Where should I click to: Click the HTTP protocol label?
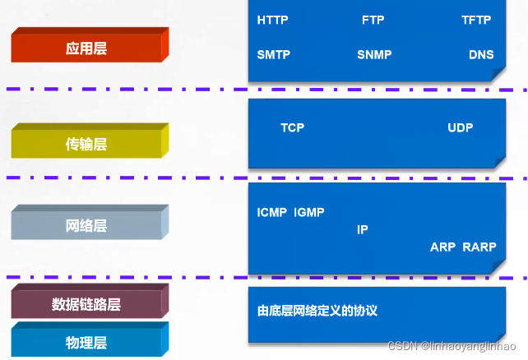click(272, 21)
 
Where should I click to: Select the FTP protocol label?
click(373, 21)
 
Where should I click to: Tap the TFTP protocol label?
click(476, 21)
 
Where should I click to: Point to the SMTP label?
click(273, 54)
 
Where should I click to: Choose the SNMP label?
click(374, 54)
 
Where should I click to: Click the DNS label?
click(481, 54)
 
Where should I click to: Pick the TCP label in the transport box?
click(292, 127)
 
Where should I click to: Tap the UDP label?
click(461, 127)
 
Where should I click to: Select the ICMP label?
click(271, 212)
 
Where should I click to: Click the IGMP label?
click(309, 212)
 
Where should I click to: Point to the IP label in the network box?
click(363, 230)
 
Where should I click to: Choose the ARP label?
click(442, 247)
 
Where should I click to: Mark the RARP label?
click(479, 247)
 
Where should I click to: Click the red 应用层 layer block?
click(90, 45)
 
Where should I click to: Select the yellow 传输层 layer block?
click(90, 141)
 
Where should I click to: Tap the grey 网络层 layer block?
click(90, 222)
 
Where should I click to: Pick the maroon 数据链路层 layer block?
click(90, 301)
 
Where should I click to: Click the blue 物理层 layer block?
click(90, 339)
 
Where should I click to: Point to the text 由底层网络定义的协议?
click(317, 311)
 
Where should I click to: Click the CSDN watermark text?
click(452, 346)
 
